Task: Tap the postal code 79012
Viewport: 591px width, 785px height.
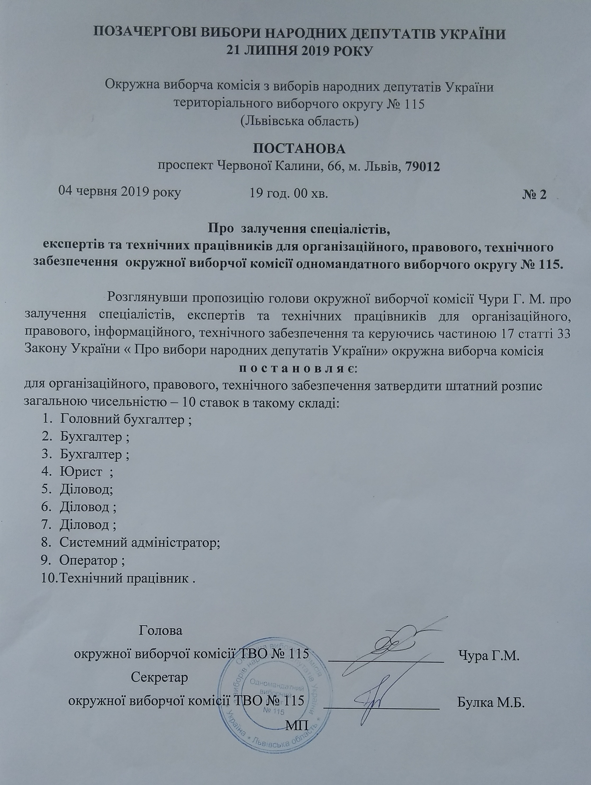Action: tap(420, 166)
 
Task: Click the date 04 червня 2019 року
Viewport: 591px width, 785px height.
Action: tap(120, 193)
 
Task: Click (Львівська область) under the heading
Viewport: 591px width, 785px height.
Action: tap(299, 122)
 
